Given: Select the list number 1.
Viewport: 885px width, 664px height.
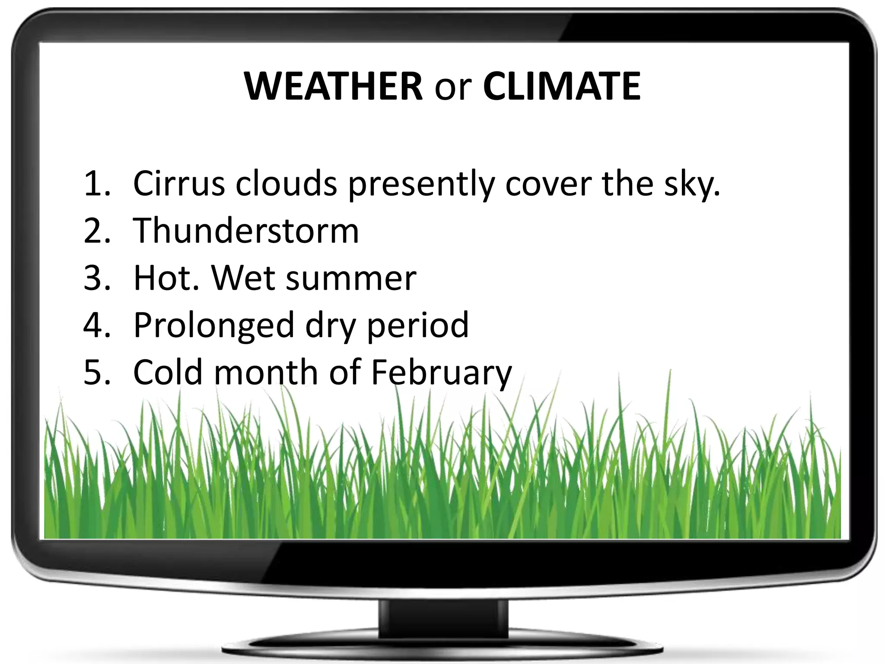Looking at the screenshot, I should pyautogui.click(x=96, y=183).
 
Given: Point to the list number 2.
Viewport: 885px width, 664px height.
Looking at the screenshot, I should pyautogui.click(x=96, y=230).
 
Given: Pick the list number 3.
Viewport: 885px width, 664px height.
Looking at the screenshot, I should pyautogui.click(x=96, y=278).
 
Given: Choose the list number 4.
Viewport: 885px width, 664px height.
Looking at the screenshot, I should pyautogui.click(x=96, y=325).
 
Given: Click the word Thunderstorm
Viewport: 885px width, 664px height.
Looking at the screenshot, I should pyautogui.click(x=246, y=230).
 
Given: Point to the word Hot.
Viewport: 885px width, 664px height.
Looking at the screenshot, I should pyautogui.click(x=167, y=278).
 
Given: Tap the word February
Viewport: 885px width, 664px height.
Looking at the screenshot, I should pyautogui.click(x=441, y=373).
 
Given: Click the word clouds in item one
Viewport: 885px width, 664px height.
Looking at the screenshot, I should pyautogui.click(x=286, y=183).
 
